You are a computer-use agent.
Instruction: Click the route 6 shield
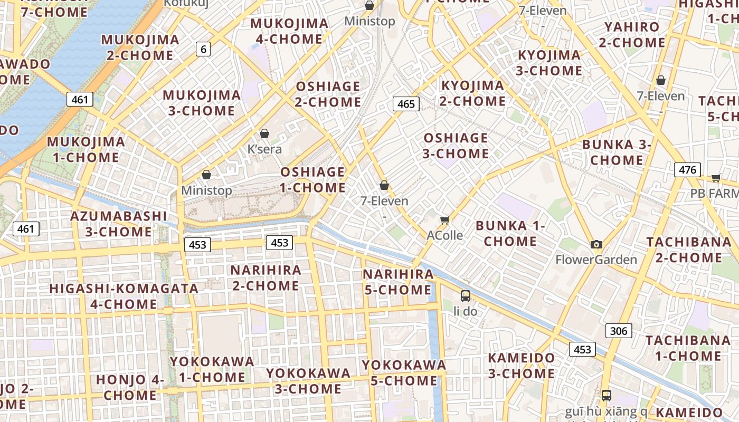pos(203,49)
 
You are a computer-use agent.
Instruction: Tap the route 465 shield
pos(406,104)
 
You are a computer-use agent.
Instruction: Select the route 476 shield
pos(687,170)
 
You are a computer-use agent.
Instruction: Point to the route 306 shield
pos(618,331)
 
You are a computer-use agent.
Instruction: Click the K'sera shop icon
pos(264,133)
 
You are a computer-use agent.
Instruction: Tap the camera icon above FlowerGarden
pos(596,244)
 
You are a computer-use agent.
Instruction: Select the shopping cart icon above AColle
pos(444,220)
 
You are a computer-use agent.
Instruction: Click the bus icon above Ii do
pos(465,295)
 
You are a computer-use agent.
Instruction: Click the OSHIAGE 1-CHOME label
pos(312,180)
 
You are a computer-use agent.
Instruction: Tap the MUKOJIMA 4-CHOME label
pos(289,31)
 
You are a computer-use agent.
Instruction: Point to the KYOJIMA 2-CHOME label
pos(473,93)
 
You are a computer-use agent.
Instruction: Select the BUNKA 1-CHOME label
pos(510,234)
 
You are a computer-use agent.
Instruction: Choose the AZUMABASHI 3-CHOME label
pos(119,224)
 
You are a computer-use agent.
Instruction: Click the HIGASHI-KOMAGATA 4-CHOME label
pos(124,296)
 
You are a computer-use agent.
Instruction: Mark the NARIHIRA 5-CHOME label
pos(398,282)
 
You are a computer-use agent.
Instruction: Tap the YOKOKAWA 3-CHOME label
pos(308,381)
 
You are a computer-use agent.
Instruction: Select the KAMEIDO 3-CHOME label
pos(521,366)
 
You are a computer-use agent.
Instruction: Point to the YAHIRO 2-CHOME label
pos(632,34)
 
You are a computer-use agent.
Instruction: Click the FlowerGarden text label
pos(596,260)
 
